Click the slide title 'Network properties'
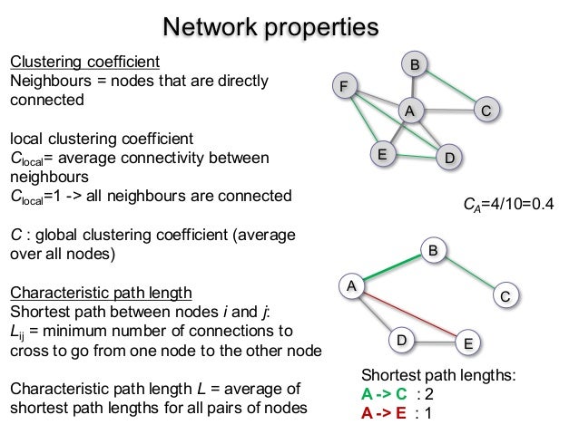click(270, 26)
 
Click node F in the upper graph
click(344, 87)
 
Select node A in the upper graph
click(410, 111)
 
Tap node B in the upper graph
click(415, 65)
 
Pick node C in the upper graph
click(486, 111)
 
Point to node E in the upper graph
click(383, 154)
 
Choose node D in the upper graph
click(449, 158)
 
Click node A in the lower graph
click(350, 286)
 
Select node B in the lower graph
click(434, 249)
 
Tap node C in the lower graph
click(505, 295)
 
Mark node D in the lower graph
click(402, 341)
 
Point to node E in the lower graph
click(467, 343)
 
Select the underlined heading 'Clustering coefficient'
click(85, 62)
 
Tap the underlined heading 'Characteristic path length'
click(101, 292)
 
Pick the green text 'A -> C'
click(385, 394)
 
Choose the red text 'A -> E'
click(385, 412)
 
